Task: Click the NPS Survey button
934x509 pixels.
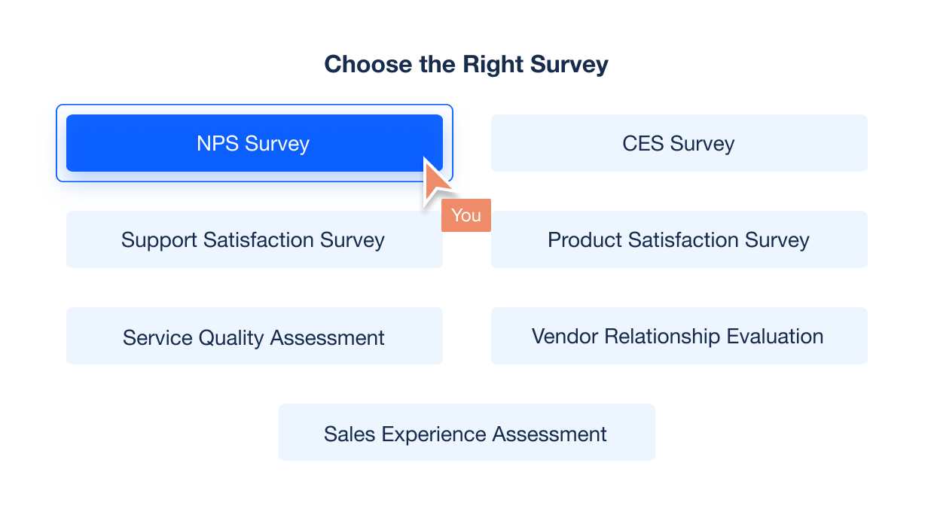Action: (255, 143)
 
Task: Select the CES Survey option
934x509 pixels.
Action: (679, 143)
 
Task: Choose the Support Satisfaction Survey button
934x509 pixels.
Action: (255, 239)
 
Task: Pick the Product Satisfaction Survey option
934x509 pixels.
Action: (679, 239)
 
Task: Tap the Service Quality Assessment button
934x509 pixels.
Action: (255, 336)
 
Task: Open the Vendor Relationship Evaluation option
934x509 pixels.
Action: (679, 336)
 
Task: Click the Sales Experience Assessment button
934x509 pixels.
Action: (467, 432)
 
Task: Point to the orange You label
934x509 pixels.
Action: (466, 215)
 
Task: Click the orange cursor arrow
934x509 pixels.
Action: (435, 181)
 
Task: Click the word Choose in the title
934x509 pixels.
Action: (368, 65)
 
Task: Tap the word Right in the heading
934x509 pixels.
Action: (493, 66)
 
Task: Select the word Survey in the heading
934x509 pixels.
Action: (569, 66)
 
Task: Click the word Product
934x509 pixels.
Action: (585, 240)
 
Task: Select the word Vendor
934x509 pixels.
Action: (565, 336)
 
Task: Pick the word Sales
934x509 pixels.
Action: (349, 434)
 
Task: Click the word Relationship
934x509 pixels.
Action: (662, 337)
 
